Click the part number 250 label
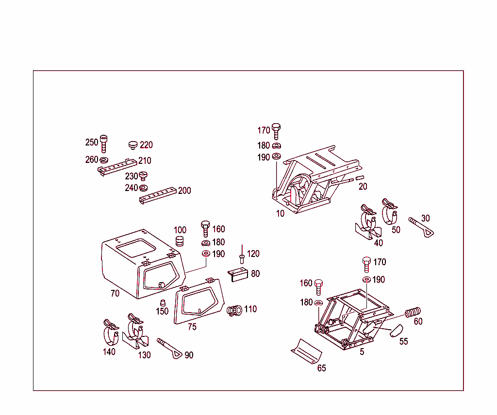[x=92, y=142]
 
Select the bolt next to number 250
[x=103, y=142]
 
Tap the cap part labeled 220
[x=133, y=144]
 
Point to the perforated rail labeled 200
[x=158, y=196]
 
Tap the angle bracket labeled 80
[x=238, y=275]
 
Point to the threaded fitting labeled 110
[x=235, y=310]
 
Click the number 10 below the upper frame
[x=280, y=213]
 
